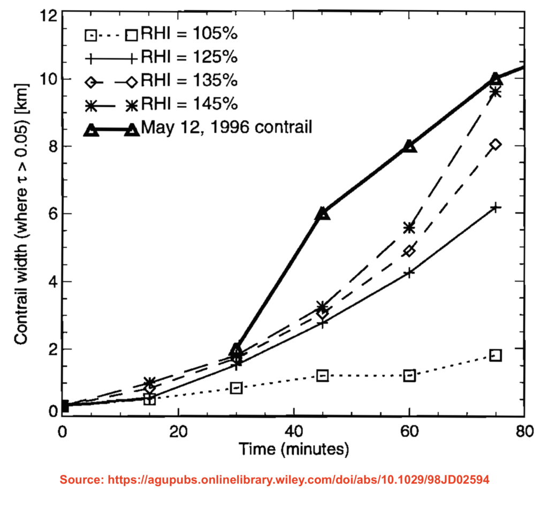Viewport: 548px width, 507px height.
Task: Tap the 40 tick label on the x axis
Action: coord(293,432)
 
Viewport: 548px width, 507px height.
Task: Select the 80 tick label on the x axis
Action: coord(524,432)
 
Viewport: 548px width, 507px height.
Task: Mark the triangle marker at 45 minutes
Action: coord(323,213)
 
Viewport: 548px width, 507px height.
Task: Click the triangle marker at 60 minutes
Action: coord(410,146)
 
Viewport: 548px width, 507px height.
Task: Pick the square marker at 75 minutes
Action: coord(496,355)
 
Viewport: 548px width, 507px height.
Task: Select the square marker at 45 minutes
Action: coord(323,375)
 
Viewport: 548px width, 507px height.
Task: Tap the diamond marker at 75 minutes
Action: coord(496,145)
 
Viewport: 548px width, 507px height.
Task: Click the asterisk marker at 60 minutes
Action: coord(410,228)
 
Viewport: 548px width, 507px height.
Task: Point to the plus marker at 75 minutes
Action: coord(496,207)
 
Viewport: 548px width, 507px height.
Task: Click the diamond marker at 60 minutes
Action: coord(410,251)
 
